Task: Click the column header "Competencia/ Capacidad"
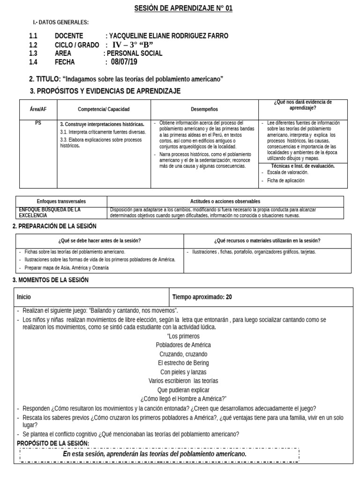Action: point(104,109)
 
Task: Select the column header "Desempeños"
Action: point(204,109)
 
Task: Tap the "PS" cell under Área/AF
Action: point(38,124)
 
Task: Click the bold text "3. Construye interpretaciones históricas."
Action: point(102,124)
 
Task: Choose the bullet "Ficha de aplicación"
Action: point(285,180)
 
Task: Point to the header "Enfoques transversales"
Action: point(61,201)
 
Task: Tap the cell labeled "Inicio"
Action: point(24,297)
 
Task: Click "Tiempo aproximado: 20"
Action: point(202,297)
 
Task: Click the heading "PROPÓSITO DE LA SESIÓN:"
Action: point(52,443)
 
